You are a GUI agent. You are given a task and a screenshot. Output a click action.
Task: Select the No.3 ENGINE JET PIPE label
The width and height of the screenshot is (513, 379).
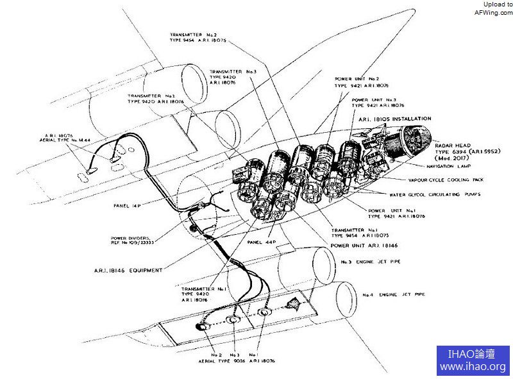pyautogui.click(x=374, y=262)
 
